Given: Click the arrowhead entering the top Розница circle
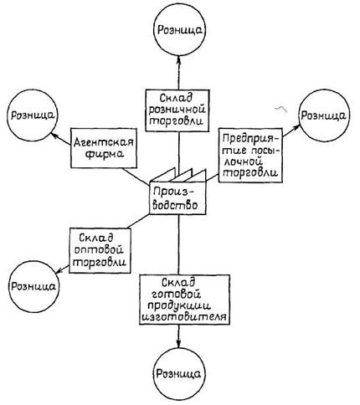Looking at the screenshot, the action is pos(179,59).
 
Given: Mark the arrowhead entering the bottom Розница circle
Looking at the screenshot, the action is pos(179,344).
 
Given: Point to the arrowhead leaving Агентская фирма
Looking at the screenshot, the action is pos(54,136).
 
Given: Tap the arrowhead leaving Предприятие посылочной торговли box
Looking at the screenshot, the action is pos(296,127).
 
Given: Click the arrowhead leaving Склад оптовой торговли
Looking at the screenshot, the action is pos(59,270).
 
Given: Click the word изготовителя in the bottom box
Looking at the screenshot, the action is pos(184,317).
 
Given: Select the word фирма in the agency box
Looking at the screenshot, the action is pos(105,155).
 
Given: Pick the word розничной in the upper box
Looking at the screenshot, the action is pos(177,110).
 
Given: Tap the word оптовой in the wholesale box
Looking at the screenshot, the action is pos(101,249).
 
